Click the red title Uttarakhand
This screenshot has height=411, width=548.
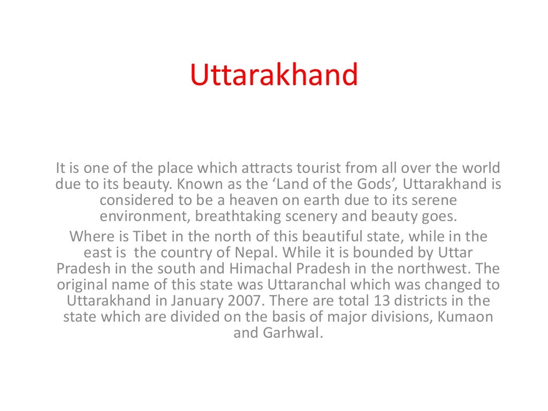point(273,75)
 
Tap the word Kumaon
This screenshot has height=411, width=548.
point(465,316)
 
